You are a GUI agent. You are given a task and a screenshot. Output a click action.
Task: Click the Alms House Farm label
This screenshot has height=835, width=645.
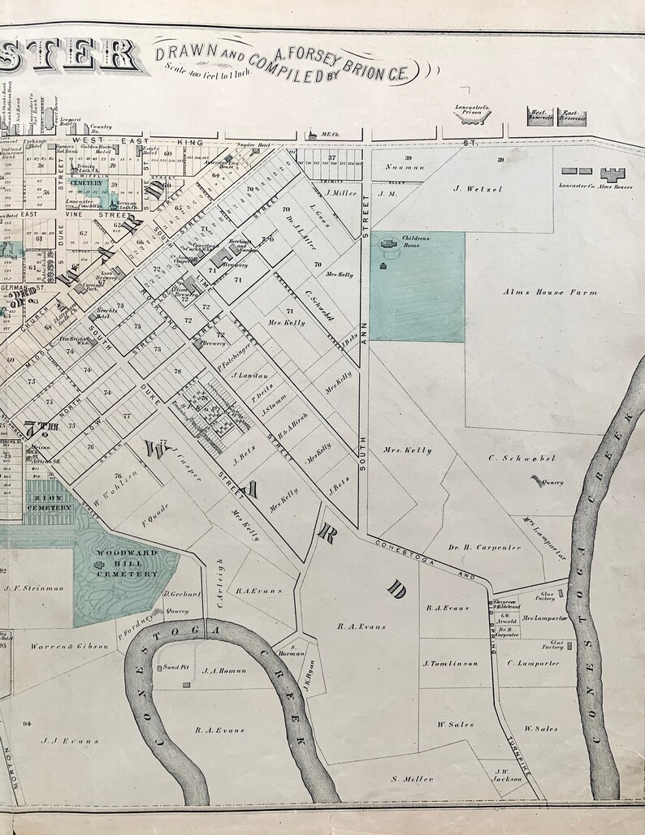(538, 291)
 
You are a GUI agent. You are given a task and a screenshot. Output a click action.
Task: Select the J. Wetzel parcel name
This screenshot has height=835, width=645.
(479, 189)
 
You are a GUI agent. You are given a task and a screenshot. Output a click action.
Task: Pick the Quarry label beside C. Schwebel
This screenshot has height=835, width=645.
(552, 480)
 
